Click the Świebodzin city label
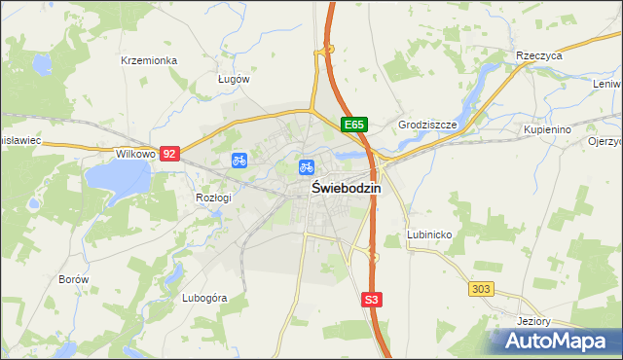tap(346, 189)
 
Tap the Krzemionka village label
tap(149, 60)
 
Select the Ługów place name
tap(234, 79)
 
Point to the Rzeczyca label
tap(540, 56)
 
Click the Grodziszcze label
tap(427, 126)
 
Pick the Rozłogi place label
tap(213, 198)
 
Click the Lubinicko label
tap(427, 235)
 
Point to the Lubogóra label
tap(204, 298)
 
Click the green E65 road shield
tap(353, 125)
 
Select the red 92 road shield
tap(170, 154)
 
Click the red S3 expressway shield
tap(371, 301)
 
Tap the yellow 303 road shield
tap(480, 289)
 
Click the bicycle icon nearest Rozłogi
tap(238, 160)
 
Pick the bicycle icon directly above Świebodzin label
tap(307, 167)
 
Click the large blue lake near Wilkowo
tap(118, 176)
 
